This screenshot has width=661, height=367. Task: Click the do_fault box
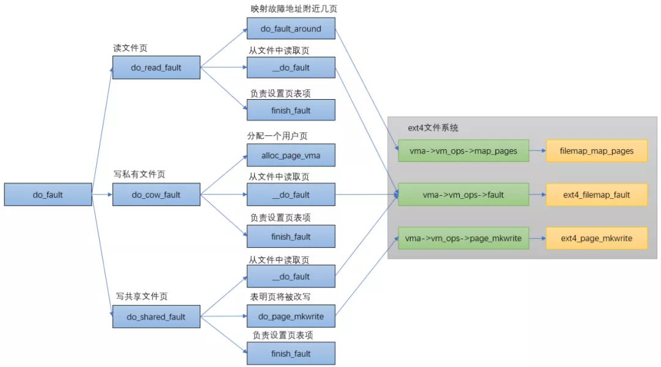[x=48, y=195]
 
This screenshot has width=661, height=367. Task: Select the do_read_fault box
[x=156, y=68]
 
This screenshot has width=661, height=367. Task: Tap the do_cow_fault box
[x=156, y=195]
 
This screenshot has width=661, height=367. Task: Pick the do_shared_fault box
[x=156, y=317]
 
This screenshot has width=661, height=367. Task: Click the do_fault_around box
[x=291, y=29]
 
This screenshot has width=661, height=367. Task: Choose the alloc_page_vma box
[x=291, y=155]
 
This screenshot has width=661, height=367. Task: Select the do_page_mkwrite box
[x=291, y=316]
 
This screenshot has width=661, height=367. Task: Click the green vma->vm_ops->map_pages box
[x=463, y=150]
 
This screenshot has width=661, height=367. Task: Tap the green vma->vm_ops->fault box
[x=463, y=195]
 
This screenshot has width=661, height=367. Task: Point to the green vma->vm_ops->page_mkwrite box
[x=463, y=238]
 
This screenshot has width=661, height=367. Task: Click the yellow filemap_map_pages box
[x=596, y=150]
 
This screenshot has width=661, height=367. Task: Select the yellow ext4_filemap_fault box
[x=596, y=195]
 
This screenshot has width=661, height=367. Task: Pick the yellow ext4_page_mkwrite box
[x=596, y=238]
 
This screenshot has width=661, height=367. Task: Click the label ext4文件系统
[x=433, y=128]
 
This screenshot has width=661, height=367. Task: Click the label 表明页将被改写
[x=280, y=297]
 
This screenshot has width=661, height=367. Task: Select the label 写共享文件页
[x=141, y=297]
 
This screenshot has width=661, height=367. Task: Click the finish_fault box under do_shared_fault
[x=291, y=354]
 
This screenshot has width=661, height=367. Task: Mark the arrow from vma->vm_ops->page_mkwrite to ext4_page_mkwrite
[x=537, y=238]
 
